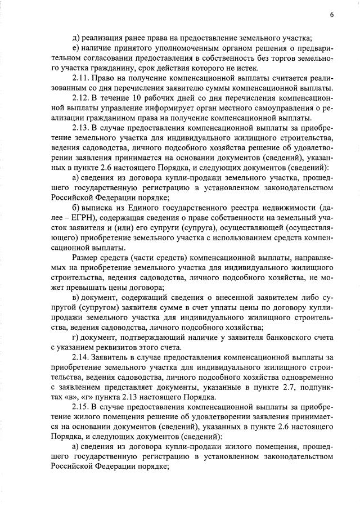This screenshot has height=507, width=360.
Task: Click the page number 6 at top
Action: [332, 15]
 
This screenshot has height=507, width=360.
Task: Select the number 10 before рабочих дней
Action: [137, 98]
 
